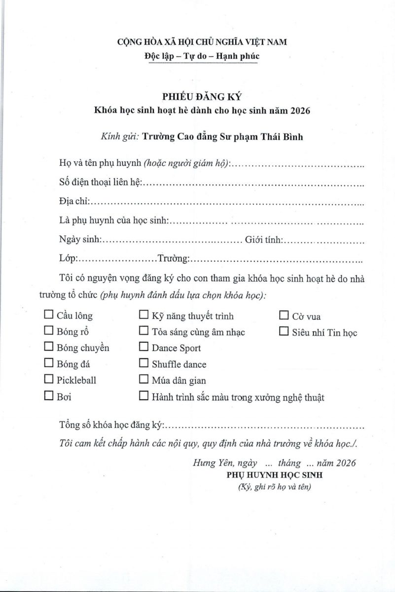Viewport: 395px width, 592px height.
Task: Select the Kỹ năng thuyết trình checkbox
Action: (x=144, y=315)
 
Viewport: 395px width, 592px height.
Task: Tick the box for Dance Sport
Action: (x=144, y=347)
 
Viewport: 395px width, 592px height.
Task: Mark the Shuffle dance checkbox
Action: (x=144, y=364)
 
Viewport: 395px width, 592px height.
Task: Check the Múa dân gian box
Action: (x=144, y=379)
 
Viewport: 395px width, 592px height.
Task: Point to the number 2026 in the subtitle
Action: (x=299, y=110)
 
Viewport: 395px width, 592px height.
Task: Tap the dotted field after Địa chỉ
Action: (x=227, y=202)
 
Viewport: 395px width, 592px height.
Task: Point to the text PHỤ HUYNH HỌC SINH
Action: (x=274, y=476)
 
